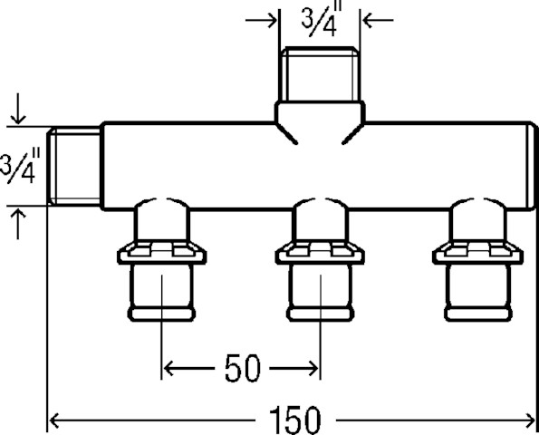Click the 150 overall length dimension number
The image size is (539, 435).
pos(295,420)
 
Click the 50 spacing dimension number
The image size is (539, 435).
pos(243,369)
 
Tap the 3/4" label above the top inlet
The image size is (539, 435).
pos(322,20)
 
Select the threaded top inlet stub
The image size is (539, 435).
pos(322,74)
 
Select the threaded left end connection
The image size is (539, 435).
pos(74,167)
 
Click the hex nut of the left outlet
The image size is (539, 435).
pos(161,253)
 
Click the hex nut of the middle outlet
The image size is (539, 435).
pos(320,253)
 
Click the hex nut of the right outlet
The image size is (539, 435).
pos(478,253)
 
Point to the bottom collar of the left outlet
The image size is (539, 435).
pos(161,314)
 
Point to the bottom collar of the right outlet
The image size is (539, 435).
pos(478,314)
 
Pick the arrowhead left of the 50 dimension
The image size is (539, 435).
pos(168,368)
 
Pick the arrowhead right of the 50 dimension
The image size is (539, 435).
pos(313,368)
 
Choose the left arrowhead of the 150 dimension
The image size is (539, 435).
pos(53,420)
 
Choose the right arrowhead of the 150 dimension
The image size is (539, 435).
pos(529,420)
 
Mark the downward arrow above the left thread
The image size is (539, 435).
pos(18,109)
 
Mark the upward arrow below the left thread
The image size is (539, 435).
pos(18,224)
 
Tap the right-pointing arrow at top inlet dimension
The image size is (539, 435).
pos(261,20)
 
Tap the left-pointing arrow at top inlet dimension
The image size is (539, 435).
pos(378,20)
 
